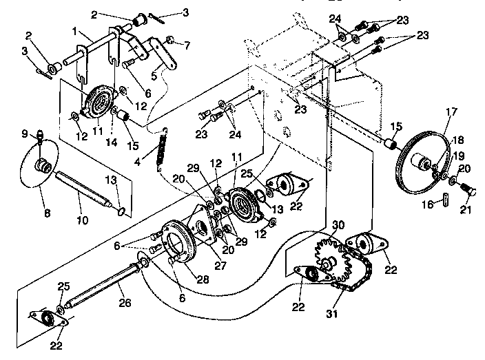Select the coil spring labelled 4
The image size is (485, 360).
tap(163, 146)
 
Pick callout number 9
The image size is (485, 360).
tap(23, 133)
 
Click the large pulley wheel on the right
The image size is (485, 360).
tap(422, 165)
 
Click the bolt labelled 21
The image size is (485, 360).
tap(468, 187)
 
